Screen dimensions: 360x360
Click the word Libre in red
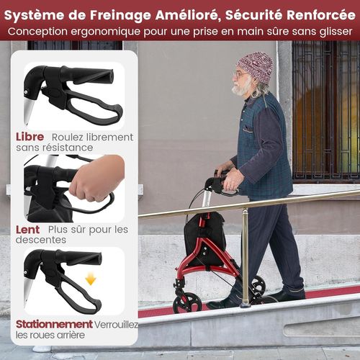click(30, 137)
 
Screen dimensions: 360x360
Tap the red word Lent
click(29, 230)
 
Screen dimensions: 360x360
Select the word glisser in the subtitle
click(328, 32)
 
